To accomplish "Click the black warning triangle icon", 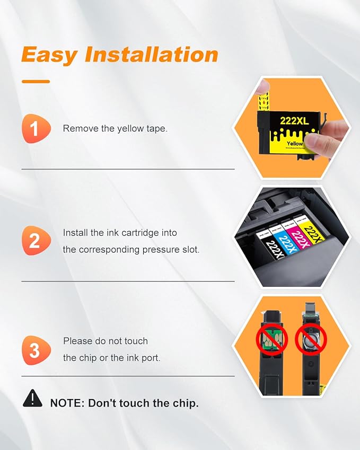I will point(32,398).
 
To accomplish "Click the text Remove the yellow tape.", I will point(115,128).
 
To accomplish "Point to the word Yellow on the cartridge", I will point(295,143).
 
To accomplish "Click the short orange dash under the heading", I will point(36,81).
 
